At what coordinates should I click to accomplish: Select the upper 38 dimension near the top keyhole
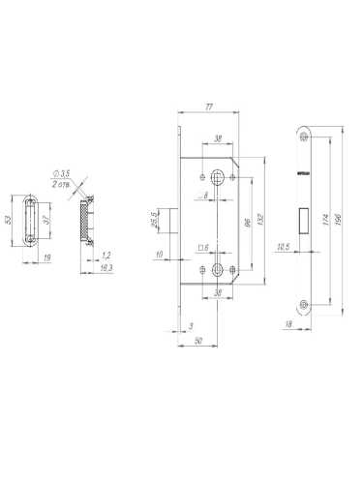[x=218, y=137]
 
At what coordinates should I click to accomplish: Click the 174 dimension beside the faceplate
[x=325, y=223]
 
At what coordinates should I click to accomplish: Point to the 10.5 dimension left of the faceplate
[x=282, y=247]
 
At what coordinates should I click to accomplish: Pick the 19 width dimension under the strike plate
[x=46, y=258]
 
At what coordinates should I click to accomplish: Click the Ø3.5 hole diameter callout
[x=69, y=174]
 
